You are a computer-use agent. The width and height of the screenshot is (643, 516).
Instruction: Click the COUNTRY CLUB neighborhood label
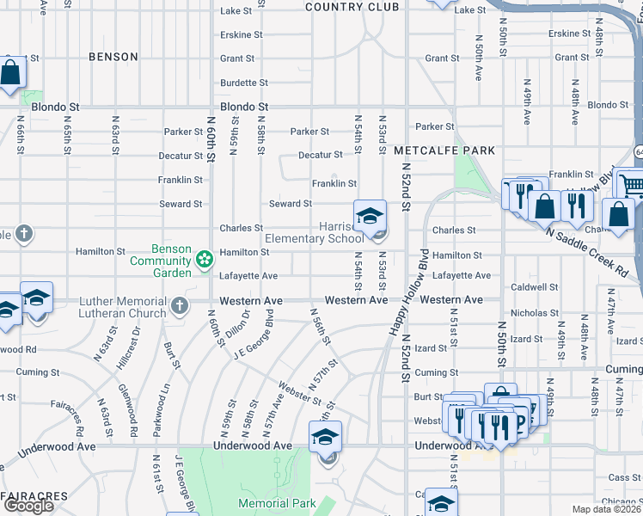click(352, 7)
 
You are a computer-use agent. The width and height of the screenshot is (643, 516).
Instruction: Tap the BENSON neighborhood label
click(113, 57)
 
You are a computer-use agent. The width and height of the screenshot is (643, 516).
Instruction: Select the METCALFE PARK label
click(444, 150)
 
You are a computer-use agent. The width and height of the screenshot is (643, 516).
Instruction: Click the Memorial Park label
click(277, 503)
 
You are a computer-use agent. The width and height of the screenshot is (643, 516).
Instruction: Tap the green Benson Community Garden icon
click(204, 258)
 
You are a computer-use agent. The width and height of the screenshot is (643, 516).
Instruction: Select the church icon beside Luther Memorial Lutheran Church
click(179, 305)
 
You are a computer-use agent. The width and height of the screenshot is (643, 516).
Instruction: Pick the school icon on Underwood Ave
click(325, 437)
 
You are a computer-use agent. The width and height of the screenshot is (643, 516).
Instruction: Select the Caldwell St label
click(534, 287)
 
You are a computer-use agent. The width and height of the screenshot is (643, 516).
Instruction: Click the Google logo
click(28, 506)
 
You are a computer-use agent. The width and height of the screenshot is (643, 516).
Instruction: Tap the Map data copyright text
click(607, 509)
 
